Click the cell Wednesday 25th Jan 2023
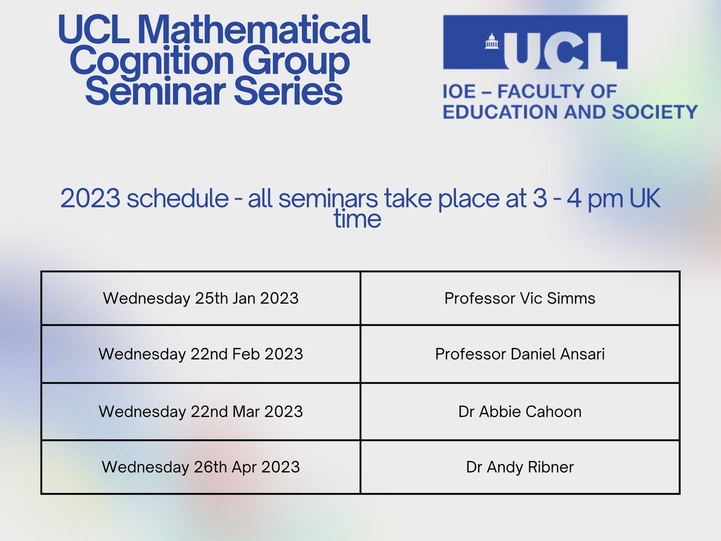point(201,298)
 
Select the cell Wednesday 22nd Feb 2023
point(201,354)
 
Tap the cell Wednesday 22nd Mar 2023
point(201,412)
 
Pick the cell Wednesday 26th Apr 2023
point(201,467)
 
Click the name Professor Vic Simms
point(520,298)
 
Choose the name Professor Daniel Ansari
point(520,354)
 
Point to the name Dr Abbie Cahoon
point(520,412)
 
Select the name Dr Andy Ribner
point(520,467)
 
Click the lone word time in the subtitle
point(357,219)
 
